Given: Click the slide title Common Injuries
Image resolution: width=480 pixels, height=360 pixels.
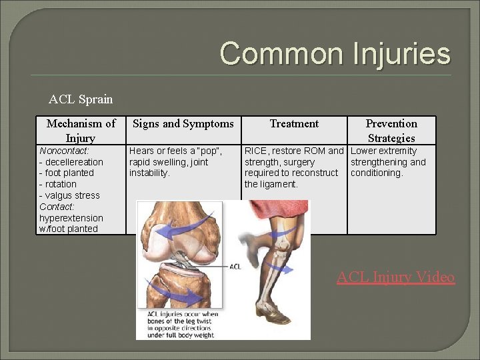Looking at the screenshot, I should [335, 53].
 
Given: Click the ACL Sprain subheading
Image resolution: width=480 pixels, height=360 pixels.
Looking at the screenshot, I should [81, 99].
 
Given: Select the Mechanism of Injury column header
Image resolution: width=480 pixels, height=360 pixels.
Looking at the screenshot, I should [81, 131].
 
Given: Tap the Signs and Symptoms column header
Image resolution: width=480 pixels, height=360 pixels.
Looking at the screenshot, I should [183, 123].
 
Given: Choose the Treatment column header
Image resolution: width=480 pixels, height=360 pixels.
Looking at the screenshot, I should [294, 123].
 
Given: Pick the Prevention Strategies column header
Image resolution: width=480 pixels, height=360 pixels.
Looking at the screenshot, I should [391, 131].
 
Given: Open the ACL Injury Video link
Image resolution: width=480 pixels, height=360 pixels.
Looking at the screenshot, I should [395, 277].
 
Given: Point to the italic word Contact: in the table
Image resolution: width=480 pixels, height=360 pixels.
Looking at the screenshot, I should [57, 207].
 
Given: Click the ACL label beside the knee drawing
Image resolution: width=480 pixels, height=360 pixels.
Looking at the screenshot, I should [235, 267].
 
